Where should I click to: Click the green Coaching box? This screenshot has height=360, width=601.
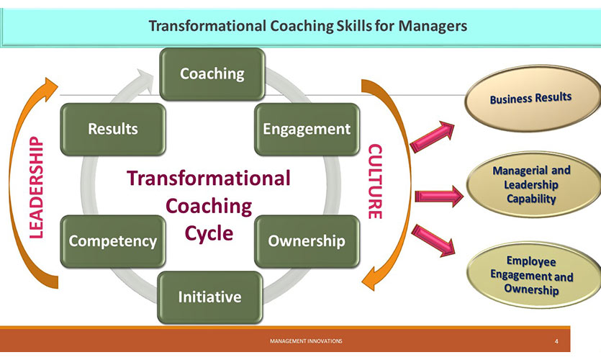click(x=212, y=74)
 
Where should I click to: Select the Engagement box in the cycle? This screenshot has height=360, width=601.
click(x=307, y=129)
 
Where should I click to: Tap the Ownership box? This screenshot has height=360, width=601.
click(x=307, y=241)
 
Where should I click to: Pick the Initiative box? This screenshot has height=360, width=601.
click(x=210, y=297)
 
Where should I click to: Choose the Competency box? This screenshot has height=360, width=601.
click(x=113, y=241)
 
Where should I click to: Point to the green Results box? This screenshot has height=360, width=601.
click(x=113, y=129)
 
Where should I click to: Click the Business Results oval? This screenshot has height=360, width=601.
click(x=533, y=99)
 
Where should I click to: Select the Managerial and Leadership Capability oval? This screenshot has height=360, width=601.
click(x=533, y=184)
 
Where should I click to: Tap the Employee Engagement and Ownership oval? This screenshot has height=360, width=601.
click(x=533, y=275)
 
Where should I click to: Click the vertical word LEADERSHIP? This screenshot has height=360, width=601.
click(x=37, y=187)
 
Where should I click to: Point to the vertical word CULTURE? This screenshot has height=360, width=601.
click(x=375, y=181)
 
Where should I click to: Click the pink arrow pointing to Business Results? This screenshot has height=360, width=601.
click(x=432, y=136)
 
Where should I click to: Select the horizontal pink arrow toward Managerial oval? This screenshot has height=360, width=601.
click(x=439, y=197)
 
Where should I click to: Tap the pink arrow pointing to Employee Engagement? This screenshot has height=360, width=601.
click(x=433, y=240)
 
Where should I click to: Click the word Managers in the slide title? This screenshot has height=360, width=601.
click(x=433, y=26)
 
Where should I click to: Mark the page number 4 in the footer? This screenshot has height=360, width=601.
click(x=556, y=341)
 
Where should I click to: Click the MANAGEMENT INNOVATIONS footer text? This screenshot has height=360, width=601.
click(x=306, y=341)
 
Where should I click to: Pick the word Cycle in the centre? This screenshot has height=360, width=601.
click(x=209, y=233)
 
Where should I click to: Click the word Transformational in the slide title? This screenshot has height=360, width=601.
click(x=207, y=26)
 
